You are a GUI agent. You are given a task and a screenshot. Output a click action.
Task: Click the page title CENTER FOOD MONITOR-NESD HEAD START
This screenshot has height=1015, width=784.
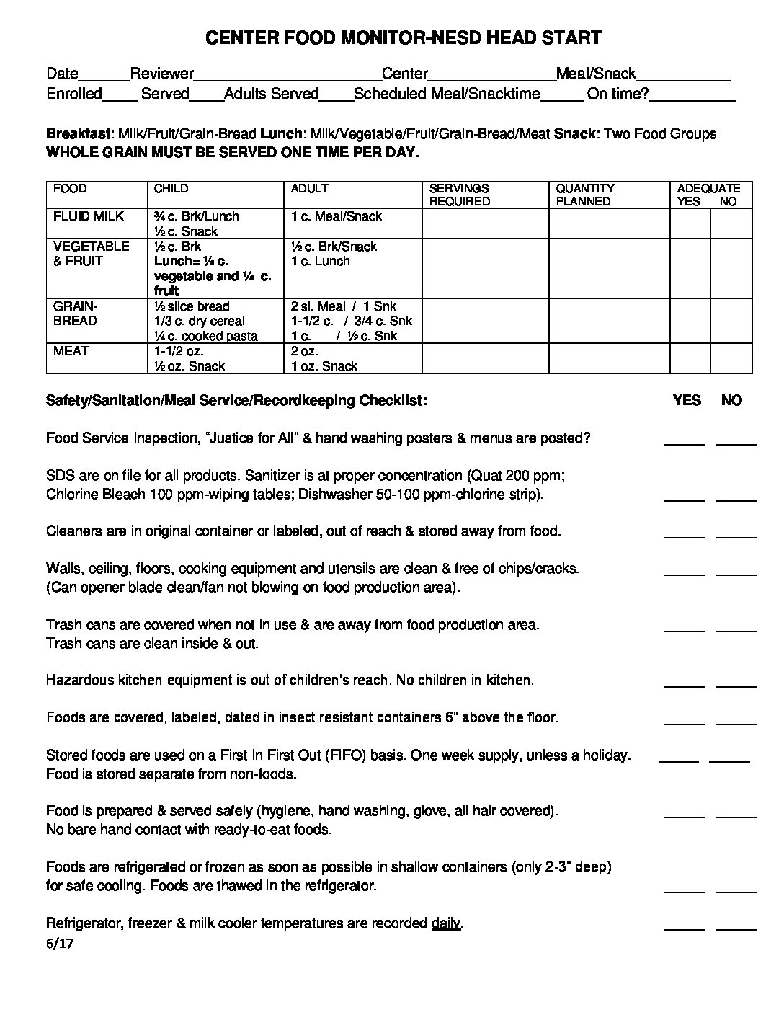click(403, 38)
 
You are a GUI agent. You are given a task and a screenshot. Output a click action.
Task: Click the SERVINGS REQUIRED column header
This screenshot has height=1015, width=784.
click(459, 195)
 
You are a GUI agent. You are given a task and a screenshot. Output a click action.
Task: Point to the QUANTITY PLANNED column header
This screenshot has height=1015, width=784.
click(584, 195)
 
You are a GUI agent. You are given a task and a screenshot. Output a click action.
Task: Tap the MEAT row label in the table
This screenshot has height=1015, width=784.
click(71, 351)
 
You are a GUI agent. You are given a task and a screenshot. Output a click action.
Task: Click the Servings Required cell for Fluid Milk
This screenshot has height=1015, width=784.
click(485, 223)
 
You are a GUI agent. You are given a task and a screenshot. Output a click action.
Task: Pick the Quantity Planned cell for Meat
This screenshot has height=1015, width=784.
click(609, 358)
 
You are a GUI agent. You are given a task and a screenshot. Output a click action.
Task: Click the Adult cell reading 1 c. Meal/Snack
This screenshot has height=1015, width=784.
click(337, 216)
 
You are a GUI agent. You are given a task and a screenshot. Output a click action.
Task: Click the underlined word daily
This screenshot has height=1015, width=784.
click(445, 923)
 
